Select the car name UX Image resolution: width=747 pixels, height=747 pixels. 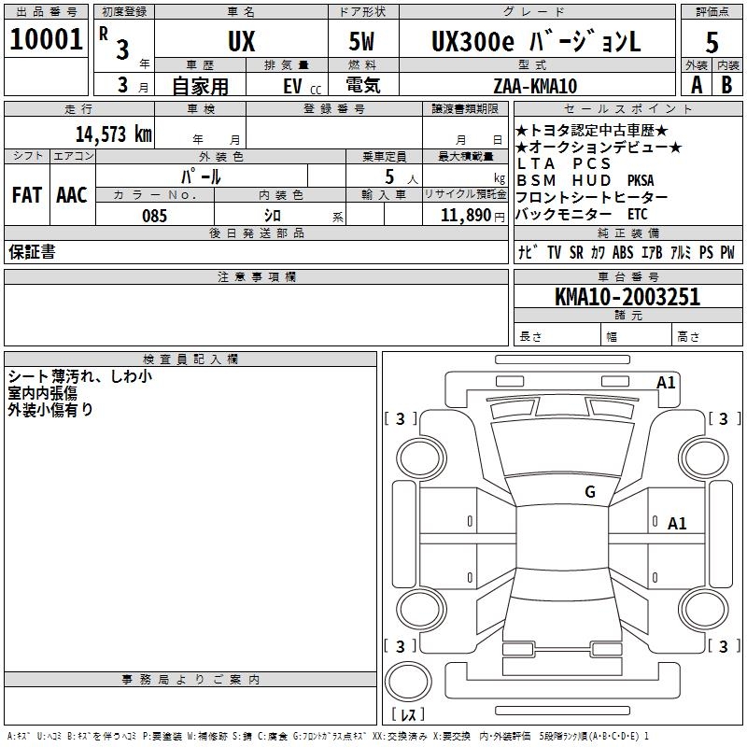click(x=240, y=41)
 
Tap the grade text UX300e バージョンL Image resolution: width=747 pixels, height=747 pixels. click(x=536, y=41)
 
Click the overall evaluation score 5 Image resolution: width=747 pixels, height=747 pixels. click(x=712, y=41)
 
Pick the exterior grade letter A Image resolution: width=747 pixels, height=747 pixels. click(x=696, y=84)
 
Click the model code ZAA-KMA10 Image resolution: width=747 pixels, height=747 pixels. click(x=535, y=86)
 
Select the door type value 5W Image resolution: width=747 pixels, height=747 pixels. click(x=363, y=41)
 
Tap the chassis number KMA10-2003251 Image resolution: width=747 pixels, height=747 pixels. click(x=627, y=297)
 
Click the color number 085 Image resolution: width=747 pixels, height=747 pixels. click(x=154, y=216)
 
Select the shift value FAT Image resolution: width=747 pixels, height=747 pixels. click(x=26, y=195)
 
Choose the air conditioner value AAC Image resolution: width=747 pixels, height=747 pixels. click(x=72, y=195)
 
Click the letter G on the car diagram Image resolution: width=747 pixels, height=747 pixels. click(x=589, y=492)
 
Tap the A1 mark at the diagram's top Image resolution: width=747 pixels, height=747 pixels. click(x=666, y=383)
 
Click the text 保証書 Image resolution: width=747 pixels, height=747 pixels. click(x=32, y=252)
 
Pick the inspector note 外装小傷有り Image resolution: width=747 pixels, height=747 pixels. click(x=50, y=409)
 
